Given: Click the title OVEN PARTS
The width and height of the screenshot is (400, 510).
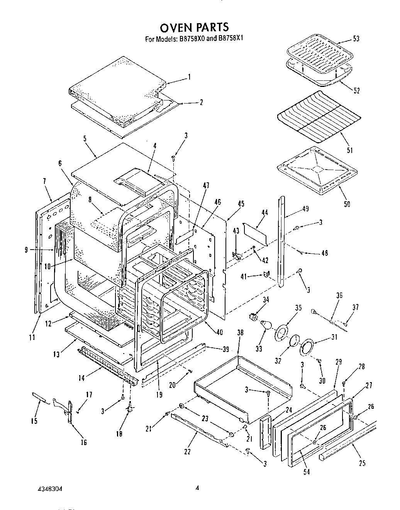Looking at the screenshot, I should pyautogui.click(x=194, y=27).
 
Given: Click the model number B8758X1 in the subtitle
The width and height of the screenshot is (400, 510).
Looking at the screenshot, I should pyautogui.click(x=231, y=39).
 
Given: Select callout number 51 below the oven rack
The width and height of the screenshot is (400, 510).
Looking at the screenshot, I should pyautogui.click(x=349, y=150).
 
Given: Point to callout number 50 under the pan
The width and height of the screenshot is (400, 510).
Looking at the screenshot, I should pyautogui.click(x=347, y=204).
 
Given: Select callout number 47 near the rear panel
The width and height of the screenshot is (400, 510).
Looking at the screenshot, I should pyautogui.click(x=206, y=186).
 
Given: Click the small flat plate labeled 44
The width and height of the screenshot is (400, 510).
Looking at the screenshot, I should pyautogui.click(x=255, y=233).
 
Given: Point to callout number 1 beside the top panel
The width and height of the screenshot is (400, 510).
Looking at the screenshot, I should pyautogui.click(x=189, y=77).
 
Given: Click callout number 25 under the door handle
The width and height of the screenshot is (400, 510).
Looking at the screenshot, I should pyautogui.click(x=362, y=463).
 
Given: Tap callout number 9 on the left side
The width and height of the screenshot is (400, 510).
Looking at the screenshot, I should pyautogui.click(x=26, y=250).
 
